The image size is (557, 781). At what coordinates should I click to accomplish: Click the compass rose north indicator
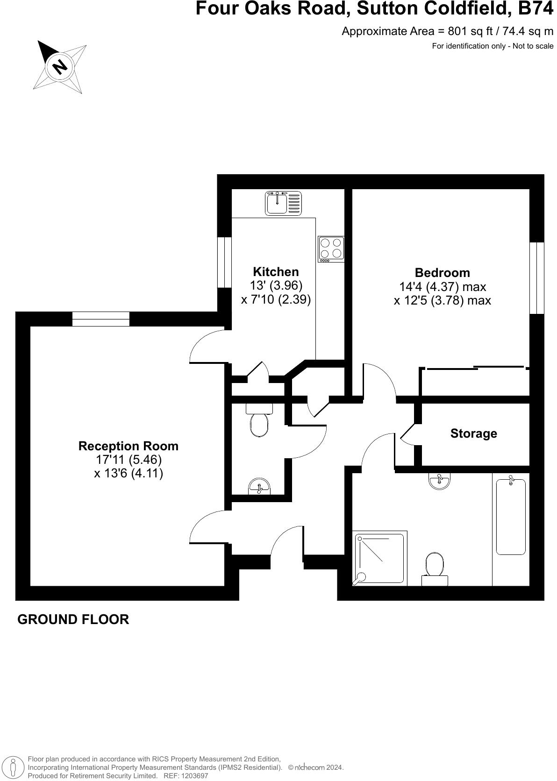(60, 66)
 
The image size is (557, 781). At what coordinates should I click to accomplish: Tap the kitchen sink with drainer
(283, 203)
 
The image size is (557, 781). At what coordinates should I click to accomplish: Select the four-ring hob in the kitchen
(331, 248)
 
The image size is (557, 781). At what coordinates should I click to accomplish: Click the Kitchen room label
(276, 272)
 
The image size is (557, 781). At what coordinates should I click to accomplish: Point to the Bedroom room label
(442, 273)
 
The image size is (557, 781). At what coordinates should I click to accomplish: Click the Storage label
(473, 433)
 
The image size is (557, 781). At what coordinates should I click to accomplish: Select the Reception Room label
(129, 446)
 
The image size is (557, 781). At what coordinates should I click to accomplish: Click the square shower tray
(380, 558)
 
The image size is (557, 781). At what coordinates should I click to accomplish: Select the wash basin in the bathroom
(440, 481)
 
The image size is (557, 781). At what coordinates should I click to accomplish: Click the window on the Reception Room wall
(101, 319)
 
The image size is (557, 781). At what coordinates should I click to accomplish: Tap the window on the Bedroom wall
(537, 278)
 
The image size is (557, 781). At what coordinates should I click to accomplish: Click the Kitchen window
(225, 262)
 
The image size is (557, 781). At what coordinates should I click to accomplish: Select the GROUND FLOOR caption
(73, 619)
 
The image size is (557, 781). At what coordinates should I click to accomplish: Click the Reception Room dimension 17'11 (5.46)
(129, 460)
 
